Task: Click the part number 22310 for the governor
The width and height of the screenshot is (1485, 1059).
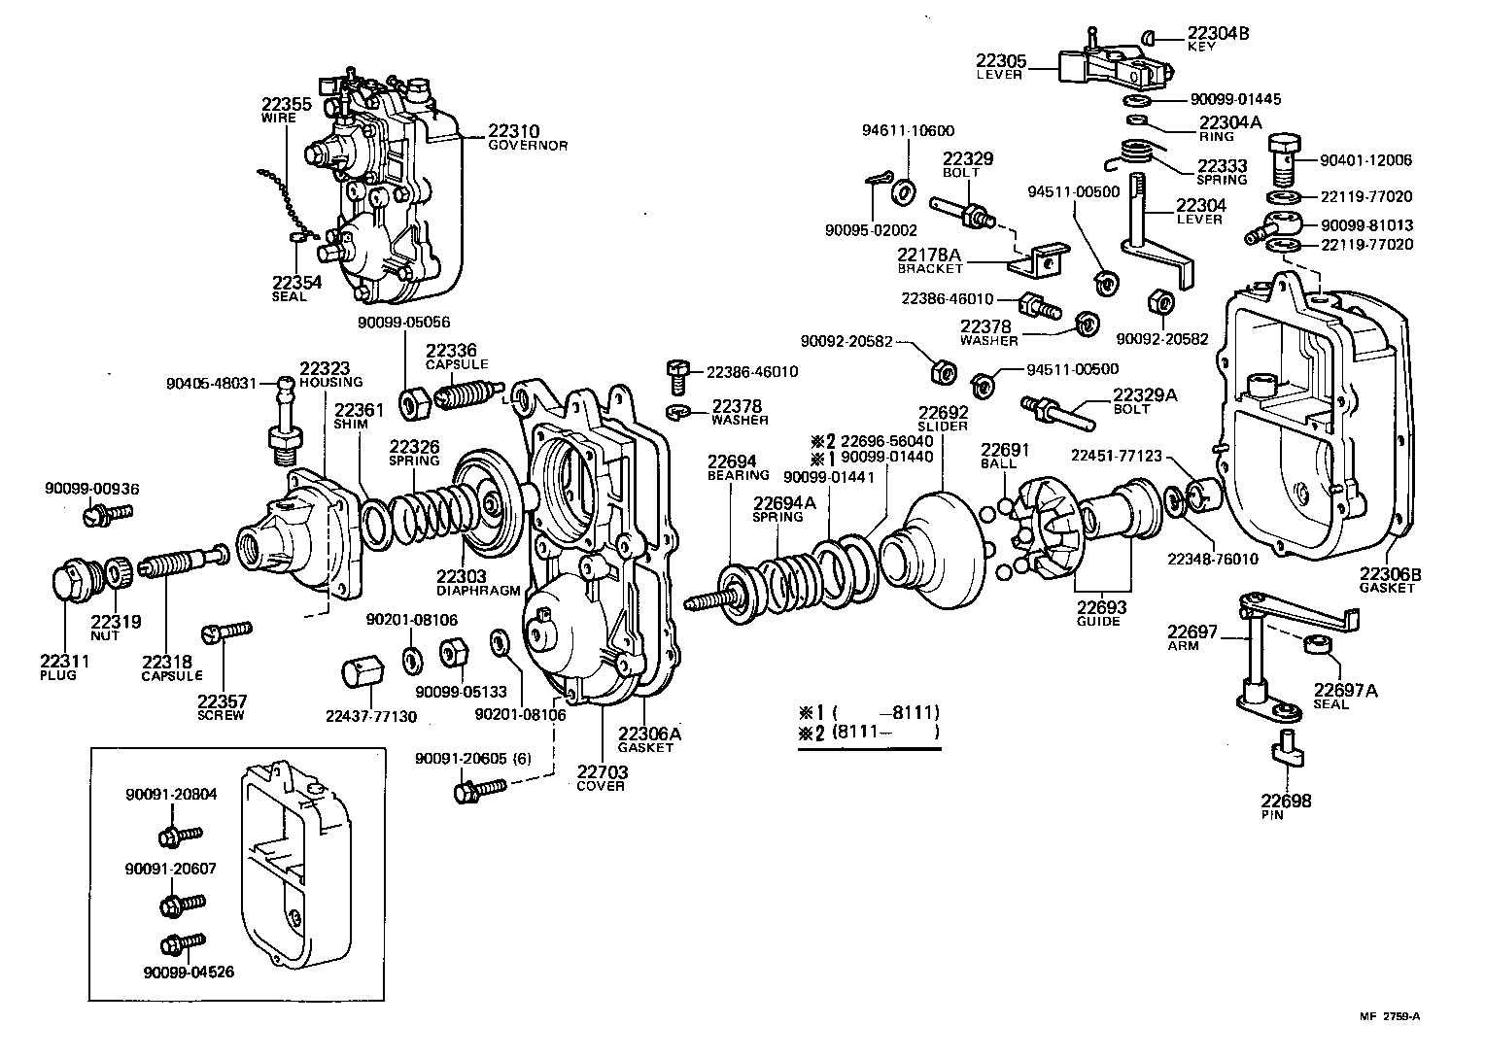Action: click(513, 131)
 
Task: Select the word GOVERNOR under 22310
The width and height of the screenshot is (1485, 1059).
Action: click(527, 146)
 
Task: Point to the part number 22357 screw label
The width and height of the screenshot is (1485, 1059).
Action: click(222, 700)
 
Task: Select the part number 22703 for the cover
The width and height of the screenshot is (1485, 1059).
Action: click(603, 772)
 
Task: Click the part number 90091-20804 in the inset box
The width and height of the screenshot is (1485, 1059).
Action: click(171, 794)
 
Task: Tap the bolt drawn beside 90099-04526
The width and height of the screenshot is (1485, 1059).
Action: click(182, 943)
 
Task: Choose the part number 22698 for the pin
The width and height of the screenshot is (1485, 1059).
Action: click(1286, 801)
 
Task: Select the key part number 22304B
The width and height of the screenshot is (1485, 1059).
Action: click(1218, 33)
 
